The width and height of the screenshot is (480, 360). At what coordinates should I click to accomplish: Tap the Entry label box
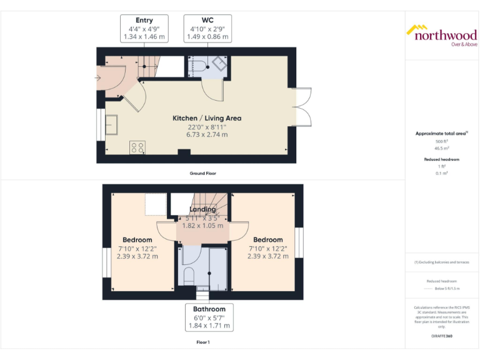[x=144, y=29]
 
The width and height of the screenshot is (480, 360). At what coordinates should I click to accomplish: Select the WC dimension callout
[x=208, y=29]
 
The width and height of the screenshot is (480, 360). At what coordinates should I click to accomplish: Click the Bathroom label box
[x=209, y=317]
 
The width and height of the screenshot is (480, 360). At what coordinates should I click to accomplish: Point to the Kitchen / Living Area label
[x=207, y=118]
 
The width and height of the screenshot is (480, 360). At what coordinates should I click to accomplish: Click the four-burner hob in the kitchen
[x=137, y=148]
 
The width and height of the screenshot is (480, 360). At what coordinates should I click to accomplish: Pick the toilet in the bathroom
[x=189, y=274]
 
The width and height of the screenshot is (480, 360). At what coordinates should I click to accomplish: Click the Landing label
[x=202, y=209]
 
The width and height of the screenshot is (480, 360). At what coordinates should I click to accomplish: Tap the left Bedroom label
[x=137, y=240]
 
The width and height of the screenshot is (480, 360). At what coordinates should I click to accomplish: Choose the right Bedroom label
[x=267, y=240]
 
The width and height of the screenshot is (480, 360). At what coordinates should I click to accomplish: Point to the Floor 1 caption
[x=203, y=342]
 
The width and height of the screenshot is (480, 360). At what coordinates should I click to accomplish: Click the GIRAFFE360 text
[x=442, y=337]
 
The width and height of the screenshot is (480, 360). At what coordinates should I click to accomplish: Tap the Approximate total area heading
[x=441, y=134]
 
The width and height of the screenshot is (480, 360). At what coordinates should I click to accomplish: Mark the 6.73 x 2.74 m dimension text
[x=207, y=134]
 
